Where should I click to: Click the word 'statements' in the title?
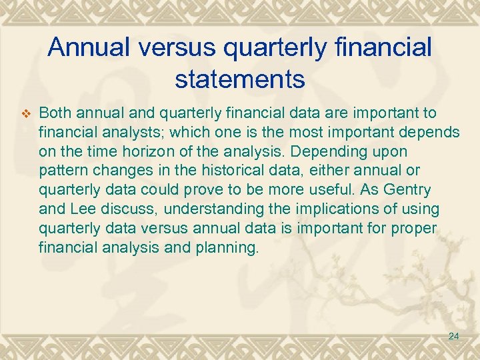pos(240,79)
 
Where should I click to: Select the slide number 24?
pos(453,336)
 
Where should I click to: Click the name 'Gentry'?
pos(407,190)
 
